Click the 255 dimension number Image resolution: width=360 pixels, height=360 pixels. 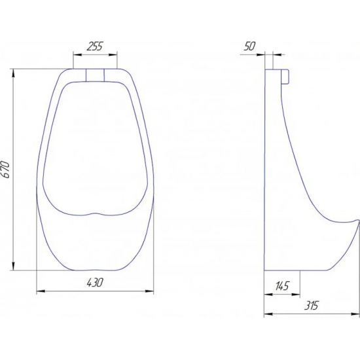pyautogui.click(x=95, y=46)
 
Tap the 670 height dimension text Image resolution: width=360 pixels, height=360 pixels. pyautogui.click(x=5, y=170)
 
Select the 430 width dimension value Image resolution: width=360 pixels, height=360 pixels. pyautogui.click(x=95, y=282)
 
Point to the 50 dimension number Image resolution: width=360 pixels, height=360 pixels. pyautogui.click(x=250, y=46)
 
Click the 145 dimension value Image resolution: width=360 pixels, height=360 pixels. pyautogui.click(x=281, y=286)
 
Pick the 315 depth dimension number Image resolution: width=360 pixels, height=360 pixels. pyautogui.click(x=312, y=306)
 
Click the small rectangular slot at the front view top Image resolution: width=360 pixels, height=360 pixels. pyautogui.click(x=95, y=75)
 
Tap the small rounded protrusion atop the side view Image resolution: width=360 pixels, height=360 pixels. pyautogui.click(x=285, y=77)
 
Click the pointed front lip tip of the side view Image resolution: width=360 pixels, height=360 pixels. pyautogui.click(x=358, y=221)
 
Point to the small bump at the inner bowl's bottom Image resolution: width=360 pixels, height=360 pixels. pyautogui.click(x=94, y=213)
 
